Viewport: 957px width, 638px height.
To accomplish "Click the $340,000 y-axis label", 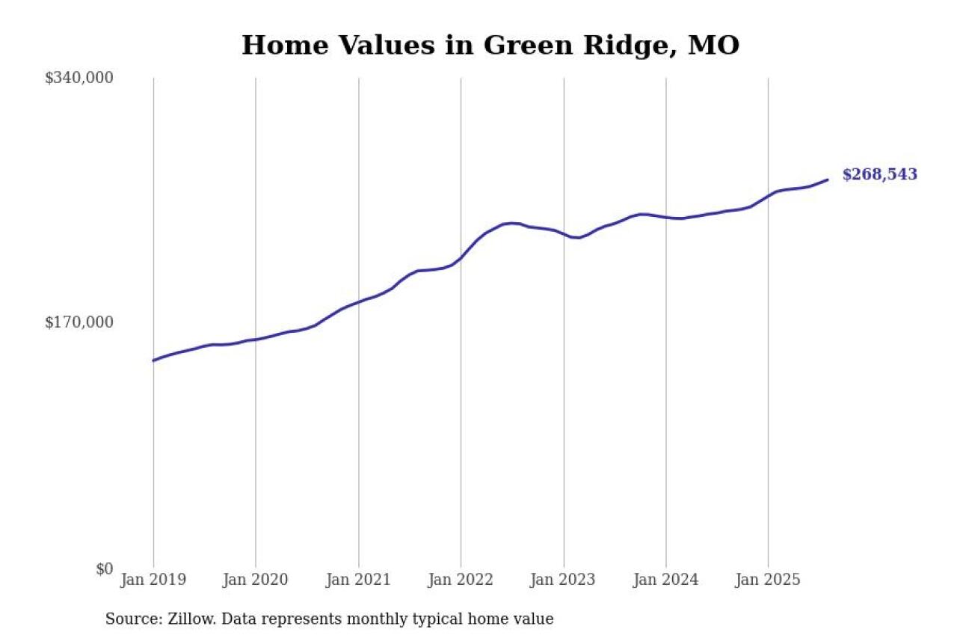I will [79, 78].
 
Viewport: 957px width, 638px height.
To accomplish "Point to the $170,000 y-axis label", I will [79, 322].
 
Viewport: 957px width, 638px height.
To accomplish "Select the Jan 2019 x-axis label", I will [153, 580].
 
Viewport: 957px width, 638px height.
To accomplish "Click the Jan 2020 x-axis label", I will [256, 580].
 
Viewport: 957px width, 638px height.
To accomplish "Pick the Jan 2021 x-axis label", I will [358, 580].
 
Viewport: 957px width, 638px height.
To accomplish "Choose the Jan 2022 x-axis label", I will [461, 580].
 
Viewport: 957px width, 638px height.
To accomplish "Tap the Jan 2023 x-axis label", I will [563, 580].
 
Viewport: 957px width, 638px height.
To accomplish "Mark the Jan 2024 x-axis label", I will [665, 580].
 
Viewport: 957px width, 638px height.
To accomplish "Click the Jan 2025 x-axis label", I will [768, 580].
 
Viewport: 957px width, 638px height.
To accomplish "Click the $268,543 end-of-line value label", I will [879, 175].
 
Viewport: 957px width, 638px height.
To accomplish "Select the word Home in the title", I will [285, 46].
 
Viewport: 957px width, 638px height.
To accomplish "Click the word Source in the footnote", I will [131, 619].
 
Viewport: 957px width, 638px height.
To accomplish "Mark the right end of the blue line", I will [828, 180].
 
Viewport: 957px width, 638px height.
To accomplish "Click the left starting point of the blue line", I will [153, 361].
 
